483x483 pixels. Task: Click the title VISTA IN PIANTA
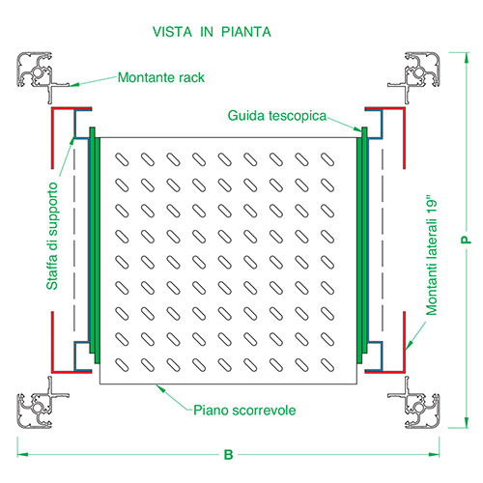coord(212,32)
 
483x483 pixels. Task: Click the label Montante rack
coord(161,77)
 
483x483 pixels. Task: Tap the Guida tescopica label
coord(277,116)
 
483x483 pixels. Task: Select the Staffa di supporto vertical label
coord(52,236)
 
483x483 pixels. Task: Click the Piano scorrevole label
coord(244,411)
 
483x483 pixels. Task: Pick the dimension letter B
coord(228,455)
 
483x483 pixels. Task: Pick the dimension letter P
coord(466,240)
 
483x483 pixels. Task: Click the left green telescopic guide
coord(95,245)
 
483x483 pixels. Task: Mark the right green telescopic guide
coord(362,245)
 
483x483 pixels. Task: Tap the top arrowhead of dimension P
coord(466,58)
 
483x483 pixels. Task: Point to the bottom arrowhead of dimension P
coord(466,422)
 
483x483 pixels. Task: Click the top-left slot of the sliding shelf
coord(122,159)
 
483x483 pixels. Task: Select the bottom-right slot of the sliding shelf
coord(327,365)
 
